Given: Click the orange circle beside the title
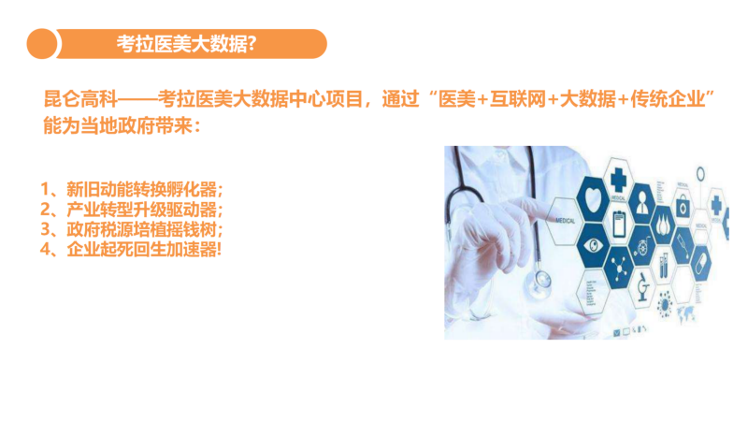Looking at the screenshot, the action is pos(42,44).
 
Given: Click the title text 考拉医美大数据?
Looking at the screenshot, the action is pos(186,44).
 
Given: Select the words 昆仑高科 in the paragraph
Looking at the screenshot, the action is pos(80,99).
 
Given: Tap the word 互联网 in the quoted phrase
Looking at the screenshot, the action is pos(518,99).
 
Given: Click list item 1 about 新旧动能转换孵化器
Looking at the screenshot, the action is pos(132,190).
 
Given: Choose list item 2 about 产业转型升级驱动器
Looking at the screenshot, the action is pos(132,210).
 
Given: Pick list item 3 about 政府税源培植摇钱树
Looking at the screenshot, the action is pos(132,229).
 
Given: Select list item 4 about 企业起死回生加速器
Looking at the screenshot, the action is pos(131,249).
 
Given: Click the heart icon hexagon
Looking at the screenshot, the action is pos(594,198).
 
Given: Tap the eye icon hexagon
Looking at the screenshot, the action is pos(594,246).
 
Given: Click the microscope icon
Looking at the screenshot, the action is pos(643,287).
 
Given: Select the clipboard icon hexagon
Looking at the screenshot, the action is pos(619,223).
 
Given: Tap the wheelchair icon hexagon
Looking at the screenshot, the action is pos(641,247).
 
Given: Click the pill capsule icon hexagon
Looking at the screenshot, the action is pos(701,263).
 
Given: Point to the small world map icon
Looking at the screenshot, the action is pos(685,313).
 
